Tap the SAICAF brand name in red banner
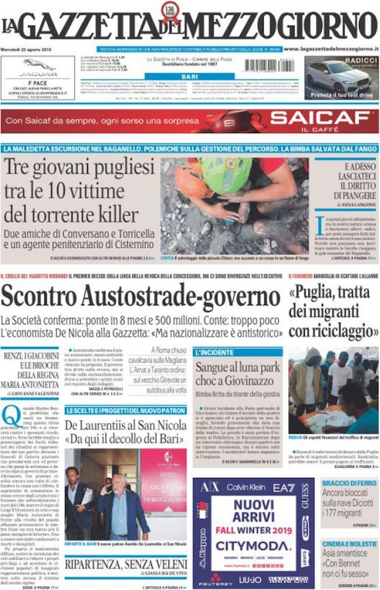tap(320, 118)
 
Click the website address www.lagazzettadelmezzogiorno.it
tap(330, 48)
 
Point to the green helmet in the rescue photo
tap(226, 175)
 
